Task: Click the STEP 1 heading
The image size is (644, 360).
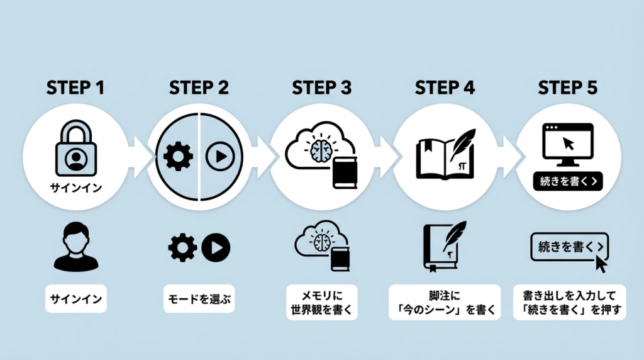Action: point(76,88)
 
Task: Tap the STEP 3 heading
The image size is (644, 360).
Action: point(322,88)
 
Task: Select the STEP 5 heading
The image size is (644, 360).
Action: point(568,88)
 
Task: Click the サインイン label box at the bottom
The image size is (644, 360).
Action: point(76,300)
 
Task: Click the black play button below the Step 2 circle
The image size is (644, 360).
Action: point(216,247)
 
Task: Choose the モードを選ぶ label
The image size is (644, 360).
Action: point(199,300)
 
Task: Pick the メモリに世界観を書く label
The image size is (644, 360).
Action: point(321,301)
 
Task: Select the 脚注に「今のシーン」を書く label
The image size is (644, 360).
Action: point(444,301)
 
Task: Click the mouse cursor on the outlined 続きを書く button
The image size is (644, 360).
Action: point(601,263)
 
